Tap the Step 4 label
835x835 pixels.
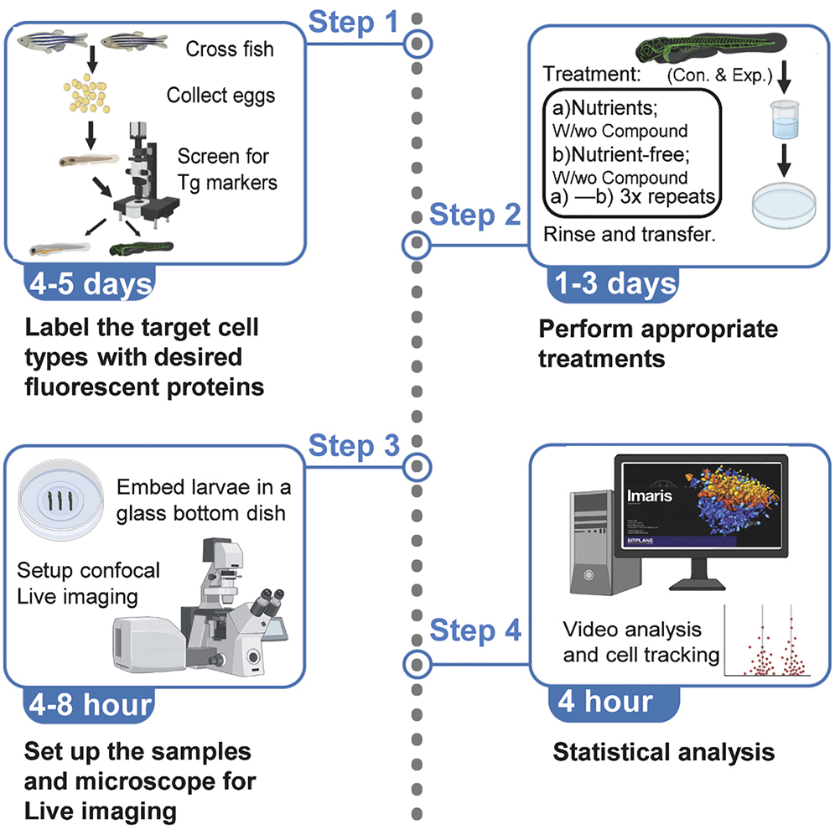pyautogui.click(x=475, y=630)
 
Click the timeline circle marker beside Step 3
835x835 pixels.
pyautogui.click(x=417, y=464)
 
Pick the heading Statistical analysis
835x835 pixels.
pyautogui.click(x=663, y=752)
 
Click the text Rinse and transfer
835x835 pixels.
pyautogui.click(x=629, y=234)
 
